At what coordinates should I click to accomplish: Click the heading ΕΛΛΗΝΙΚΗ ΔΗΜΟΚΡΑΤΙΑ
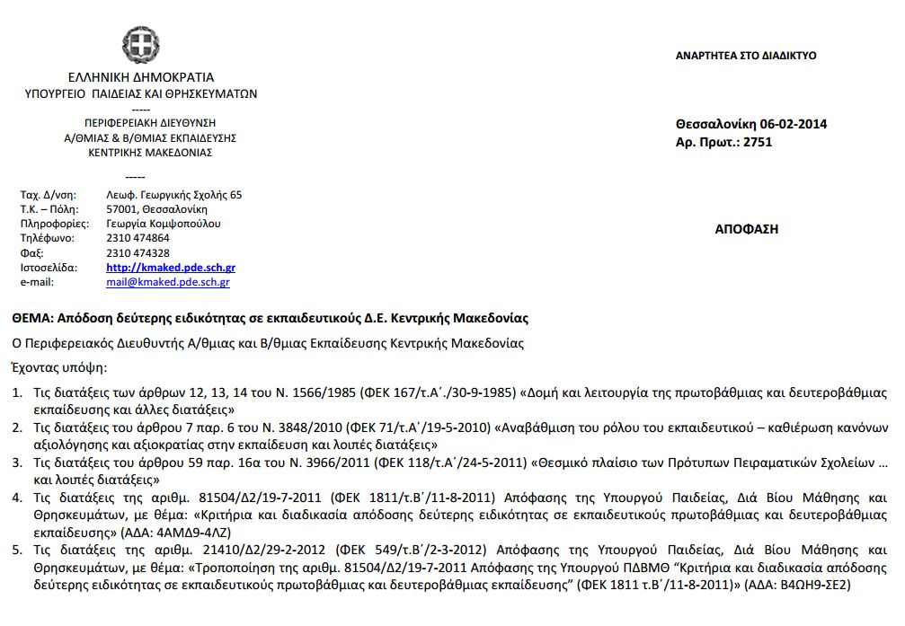[x=140, y=77]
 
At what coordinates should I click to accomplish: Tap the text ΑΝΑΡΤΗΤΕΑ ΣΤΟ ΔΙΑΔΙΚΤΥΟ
[x=746, y=56]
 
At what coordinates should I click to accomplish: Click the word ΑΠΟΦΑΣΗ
[x=746, y=229]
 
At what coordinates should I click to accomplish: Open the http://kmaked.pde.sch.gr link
[x=171, y=268]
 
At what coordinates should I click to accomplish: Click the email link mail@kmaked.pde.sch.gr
[x=167, y=282]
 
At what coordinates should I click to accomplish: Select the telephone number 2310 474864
[x=138, y=238]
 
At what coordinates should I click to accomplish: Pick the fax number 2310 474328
[x=138, y=253]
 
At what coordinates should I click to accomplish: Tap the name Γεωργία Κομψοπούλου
[x=163, y=224]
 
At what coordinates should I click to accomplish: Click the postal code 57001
[x=120, y=209]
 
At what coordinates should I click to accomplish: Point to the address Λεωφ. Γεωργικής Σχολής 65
[x=173, y=195]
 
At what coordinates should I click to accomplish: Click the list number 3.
[x=16, y=463]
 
